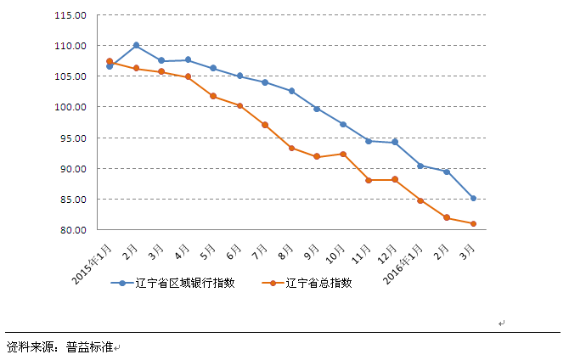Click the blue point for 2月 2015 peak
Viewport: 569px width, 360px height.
tap(136, 45)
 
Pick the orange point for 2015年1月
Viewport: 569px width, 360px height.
tap(110, 61)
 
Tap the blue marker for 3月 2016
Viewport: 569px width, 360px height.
tap(473, 199)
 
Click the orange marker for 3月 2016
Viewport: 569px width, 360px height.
tap(473, 224)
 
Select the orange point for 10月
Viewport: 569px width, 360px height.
tap(343, 154)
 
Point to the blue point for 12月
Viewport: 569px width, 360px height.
tap(395, 143)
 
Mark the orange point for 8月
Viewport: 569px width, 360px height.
tap(291, 148)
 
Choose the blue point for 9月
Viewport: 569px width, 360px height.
tap(317, 109)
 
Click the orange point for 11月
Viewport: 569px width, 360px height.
tap(369, 180)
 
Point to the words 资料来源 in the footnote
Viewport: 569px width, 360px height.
tap(30, 346)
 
